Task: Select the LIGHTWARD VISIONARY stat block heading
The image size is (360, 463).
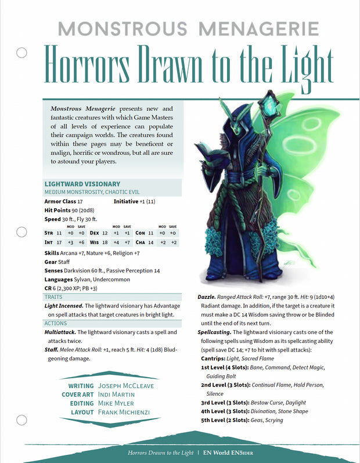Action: pyautogui.click(x=82, y=184)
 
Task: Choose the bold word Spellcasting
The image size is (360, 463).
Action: pyautogui.click(x=217, y=332)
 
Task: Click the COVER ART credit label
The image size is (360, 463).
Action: pyautogui.click(x=77, y=395)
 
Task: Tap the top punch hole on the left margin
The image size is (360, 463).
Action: pyautogui.click(x=22, y=53)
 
